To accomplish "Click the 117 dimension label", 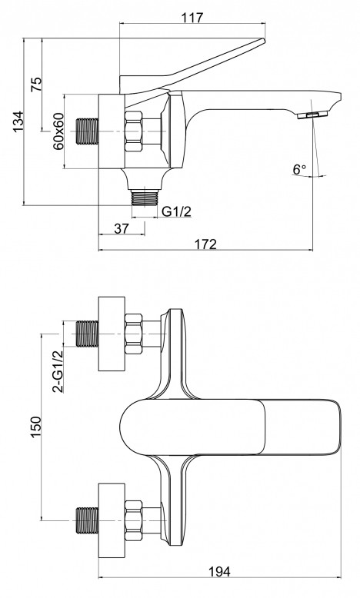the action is pyautogui.click(x=192, y=18).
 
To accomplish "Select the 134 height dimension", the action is pyautogui.click(x=18, y=121).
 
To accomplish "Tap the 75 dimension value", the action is pyautogui.click(x=36, y=85).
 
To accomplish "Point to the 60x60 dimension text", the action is pyautogui.click(x=58, y=131).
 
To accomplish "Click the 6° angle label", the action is pyautogui.click(x=299, y=169).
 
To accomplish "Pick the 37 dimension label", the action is pyautogui.click(x=122, y=228).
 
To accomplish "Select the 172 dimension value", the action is pyautogui.click(x=205, y=244).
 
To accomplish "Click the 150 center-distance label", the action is pyautogui.click(x=36, y=427).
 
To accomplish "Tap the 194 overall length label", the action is pyautogui.click(x=219, y=572).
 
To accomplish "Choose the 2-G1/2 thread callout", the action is pyautogui.click(x=58, y=371).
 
